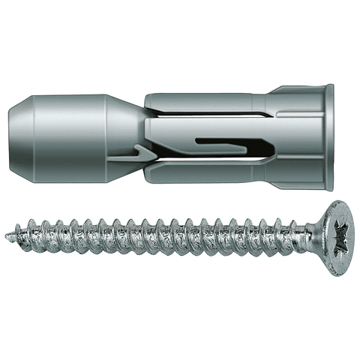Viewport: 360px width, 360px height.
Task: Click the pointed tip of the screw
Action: tap(8, 235)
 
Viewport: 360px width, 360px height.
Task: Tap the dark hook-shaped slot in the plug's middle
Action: tap(225, 142)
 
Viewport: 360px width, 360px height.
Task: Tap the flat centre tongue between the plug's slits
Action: tap(187, 137)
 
